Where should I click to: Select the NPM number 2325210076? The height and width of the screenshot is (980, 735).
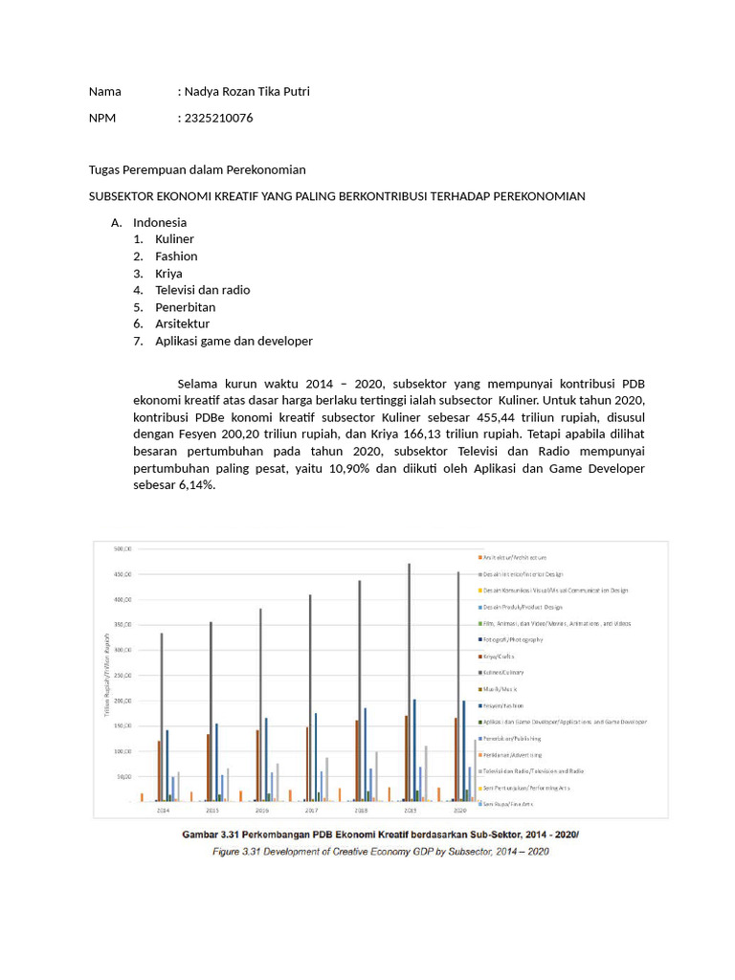(218, 118)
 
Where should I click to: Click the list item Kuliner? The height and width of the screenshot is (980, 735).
(174, 239)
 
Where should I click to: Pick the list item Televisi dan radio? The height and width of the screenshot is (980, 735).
(202, 290)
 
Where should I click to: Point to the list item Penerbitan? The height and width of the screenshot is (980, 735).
(185, 307)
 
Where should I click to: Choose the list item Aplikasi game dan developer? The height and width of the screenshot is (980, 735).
(234, 341)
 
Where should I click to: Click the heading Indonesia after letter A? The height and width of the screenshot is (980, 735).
(160, 222)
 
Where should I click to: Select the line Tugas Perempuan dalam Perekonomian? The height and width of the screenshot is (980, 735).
(197, 169)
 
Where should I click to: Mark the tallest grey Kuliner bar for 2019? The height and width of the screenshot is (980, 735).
(409, 670)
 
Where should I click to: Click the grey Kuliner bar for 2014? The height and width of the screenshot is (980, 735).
(161, 716)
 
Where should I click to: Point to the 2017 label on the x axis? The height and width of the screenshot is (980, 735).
(310, 810)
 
